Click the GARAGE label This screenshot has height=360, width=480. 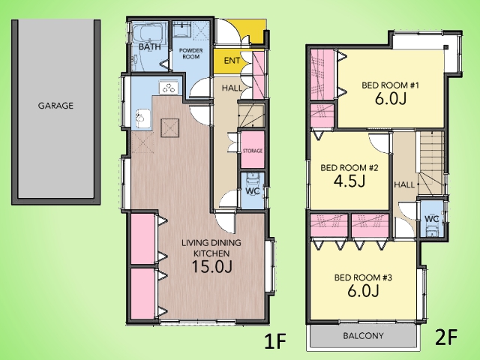coord(55,106)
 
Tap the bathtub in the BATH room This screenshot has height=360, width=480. coord(149,34)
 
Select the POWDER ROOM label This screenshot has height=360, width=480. coord(190,53)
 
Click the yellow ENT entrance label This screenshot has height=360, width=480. coord(232,61)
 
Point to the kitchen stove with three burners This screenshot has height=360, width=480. coord(169,88)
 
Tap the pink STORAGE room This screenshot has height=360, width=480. coord(253,150)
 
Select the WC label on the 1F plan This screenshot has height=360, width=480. coord(253,191)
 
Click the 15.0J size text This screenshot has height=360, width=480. coord(211,267)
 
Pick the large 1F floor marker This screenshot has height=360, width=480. coord(275,341)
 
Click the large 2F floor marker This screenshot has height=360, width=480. coord(446,337)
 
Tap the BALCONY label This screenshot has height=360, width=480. coord(363,336)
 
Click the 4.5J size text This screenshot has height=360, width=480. coord(349,181)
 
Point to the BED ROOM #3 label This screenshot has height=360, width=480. coord(363,277)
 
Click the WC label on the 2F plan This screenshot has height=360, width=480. coord(432,219)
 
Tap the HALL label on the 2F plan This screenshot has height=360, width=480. coord(404,184)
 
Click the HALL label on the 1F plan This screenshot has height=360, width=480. coord(232,88)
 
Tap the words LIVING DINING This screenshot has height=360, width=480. coord(211,243)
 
